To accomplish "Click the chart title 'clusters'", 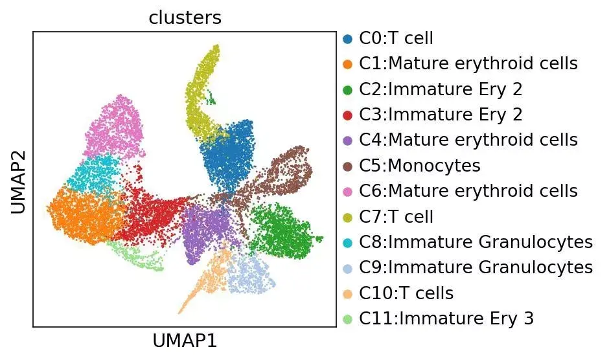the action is coord(185,17).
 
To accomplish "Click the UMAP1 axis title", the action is coord(185,341).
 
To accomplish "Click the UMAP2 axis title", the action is coord(18,182).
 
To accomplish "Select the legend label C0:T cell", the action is coord(396,38).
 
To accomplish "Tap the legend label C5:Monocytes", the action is coord(419,166).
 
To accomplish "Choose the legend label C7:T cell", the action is coord(396,216).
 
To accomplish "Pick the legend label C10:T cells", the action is coord(406,293).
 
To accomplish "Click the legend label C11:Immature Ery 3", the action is coord(446,319).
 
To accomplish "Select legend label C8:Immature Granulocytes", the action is coord(476,242).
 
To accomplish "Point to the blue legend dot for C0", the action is coord(348,39).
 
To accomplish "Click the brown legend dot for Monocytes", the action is coord(348,166).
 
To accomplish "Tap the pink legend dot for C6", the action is coord(348,192).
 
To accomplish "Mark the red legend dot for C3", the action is coord(348,115).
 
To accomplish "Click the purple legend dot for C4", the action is coord(348,141).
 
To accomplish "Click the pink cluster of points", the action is coord(115,128).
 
